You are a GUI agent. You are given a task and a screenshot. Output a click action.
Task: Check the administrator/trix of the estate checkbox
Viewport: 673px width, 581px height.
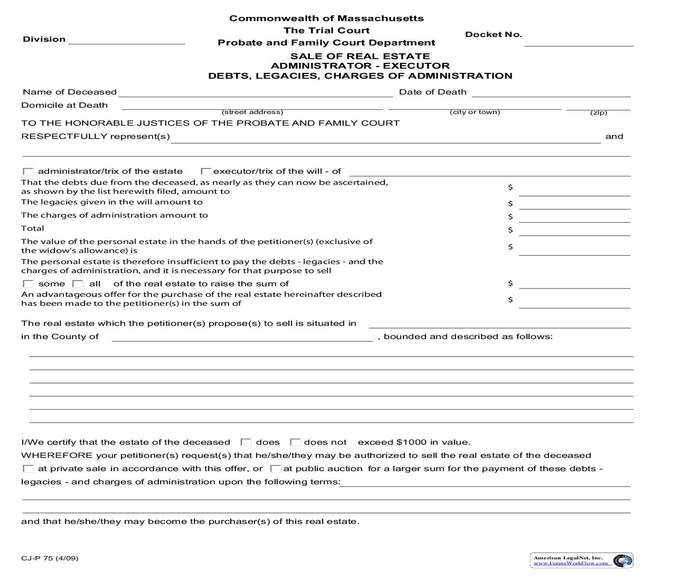click(29, 172)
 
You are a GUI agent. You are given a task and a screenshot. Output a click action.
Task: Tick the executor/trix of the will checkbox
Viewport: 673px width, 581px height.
click(206, 172)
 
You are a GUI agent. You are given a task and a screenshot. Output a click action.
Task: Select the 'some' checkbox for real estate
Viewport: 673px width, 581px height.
click(29, 284)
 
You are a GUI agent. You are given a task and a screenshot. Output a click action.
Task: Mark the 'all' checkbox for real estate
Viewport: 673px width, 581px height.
click(78, 284)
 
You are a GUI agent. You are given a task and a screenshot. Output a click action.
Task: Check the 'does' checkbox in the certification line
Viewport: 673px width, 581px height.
click(246, 443)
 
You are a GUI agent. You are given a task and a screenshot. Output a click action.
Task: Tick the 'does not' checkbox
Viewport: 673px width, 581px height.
click(296, 443)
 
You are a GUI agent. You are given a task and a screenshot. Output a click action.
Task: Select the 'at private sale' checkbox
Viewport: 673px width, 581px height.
click(29, 469)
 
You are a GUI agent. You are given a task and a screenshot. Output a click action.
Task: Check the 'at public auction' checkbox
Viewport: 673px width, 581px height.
click(276, 469)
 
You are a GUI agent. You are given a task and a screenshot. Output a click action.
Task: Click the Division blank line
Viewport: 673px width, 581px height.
click(127, 40)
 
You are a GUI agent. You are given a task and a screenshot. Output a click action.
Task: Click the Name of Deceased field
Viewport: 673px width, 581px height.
click(256, 92)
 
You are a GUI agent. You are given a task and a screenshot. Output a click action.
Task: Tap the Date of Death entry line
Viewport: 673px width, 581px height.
click(551, 92)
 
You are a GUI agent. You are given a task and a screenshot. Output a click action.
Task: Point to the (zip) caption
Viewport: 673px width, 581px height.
click(599, 113)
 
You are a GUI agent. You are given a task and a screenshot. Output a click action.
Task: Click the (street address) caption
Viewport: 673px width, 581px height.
click(252, 112)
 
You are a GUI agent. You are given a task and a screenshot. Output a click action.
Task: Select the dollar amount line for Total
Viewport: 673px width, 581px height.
click(574, 230)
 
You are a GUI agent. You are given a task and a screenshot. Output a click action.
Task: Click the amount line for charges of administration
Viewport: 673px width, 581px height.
click(574, 217)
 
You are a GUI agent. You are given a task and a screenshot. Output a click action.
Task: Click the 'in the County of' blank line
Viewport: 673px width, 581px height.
click(242, 337)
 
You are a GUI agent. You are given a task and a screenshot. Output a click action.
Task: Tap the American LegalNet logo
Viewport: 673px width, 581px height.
click(581, 560)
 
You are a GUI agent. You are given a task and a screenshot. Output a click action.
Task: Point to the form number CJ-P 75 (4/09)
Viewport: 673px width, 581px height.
click(50, 558)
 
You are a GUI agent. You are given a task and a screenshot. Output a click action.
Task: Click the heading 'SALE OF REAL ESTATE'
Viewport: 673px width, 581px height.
click(360, 56)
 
